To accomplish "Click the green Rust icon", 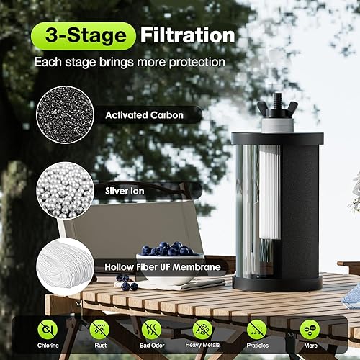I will pyautogui.click(x=101, y=330).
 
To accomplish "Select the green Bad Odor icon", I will pyautogui.click(x=151, y=330).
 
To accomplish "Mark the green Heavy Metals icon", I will pyautogui.click(x=203, y=330).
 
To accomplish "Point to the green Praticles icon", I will pyautogui.click(x=257, y=330).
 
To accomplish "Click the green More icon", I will pyautogui.click(x=310, y=330).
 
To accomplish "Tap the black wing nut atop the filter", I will pyautogui.click(x=277, y=109).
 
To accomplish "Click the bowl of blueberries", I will pyautogui.click(x=166, y=256).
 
